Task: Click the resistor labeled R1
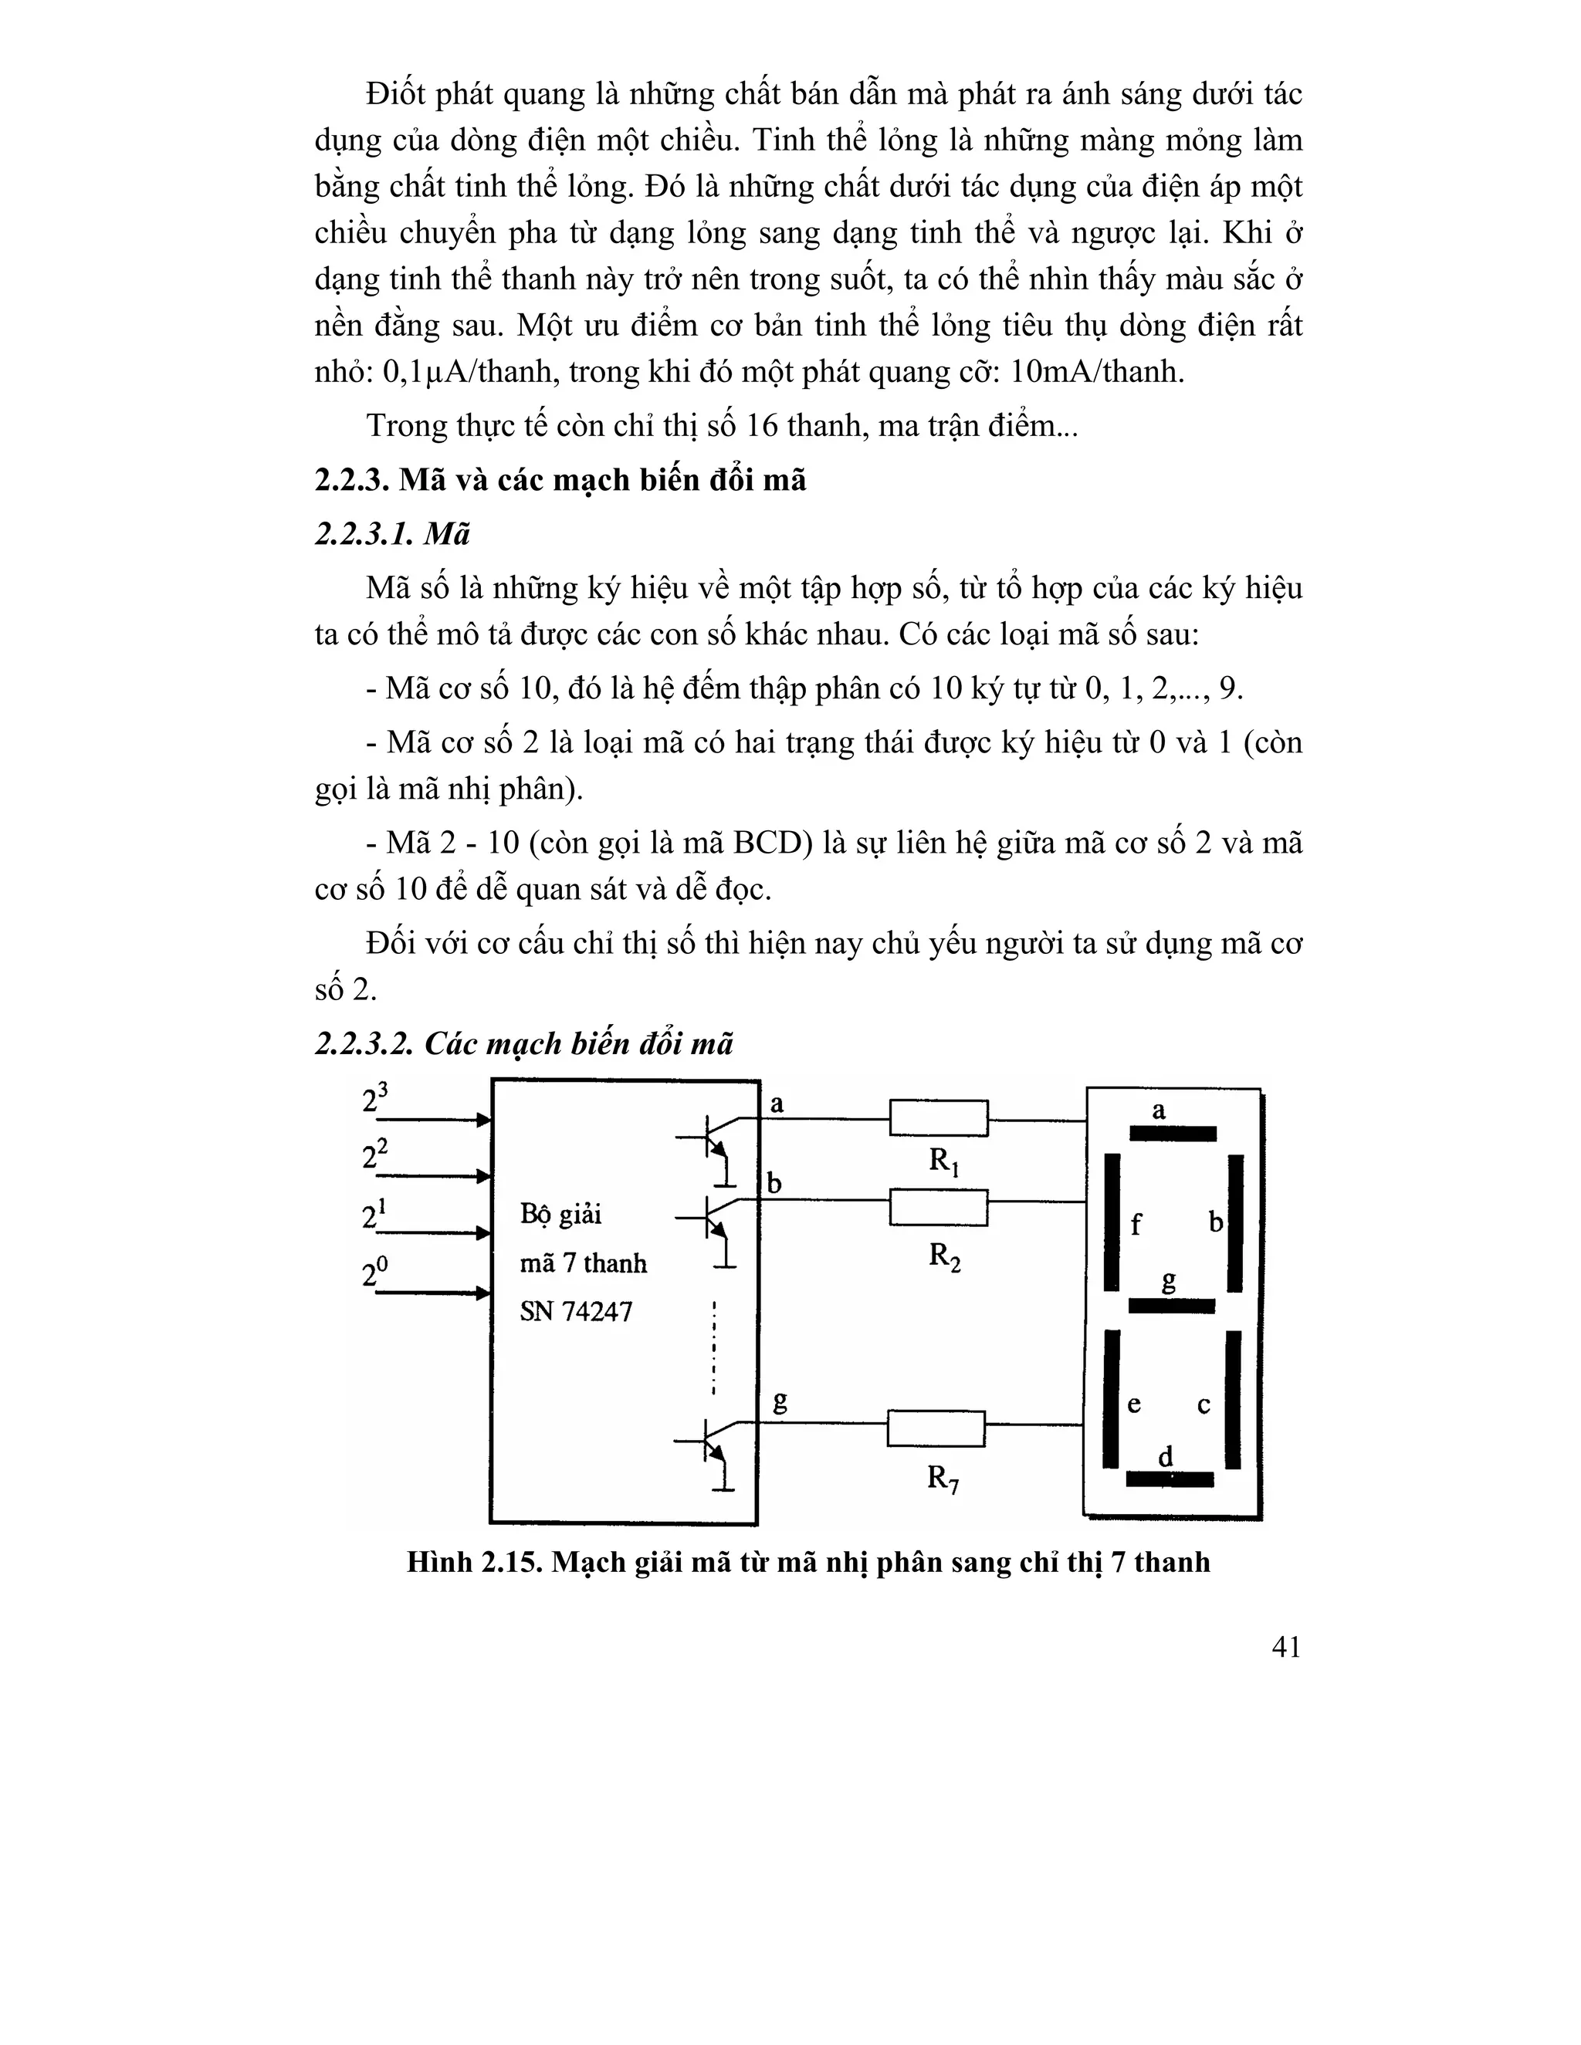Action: pyautogui.click(x=937, y=1118)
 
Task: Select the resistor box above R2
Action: pyautogui.click(x=937, y=1207)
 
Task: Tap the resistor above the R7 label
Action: pyautogui.click(x=936, y=1428)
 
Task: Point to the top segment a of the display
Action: pyautogui.click(x=1172, y=1134)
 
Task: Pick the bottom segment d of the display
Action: pyautogui.click(x=1169, y=1479)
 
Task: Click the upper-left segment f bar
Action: pyautogui.click(x=1112, y=1222)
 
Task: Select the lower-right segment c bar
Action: pyautogui.click(x=1233, y=1399)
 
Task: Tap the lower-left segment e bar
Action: pyautogui.click(x=1111, y=1399)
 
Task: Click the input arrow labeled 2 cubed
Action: pyautogui.click(x=431, y=1120)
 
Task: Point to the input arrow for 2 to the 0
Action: pyautogui.click(x=431, y=1293)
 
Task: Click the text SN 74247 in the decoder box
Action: pyautogui.click(x=576, y=1311)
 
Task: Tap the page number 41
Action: pyautogui.click(x=1286, y=1673)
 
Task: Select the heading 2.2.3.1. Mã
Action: pyautogui.click(x=392, y=535)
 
